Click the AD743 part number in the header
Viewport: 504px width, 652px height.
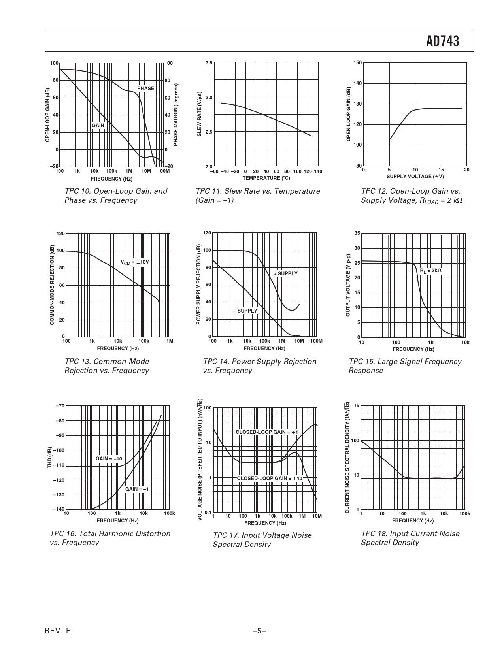(x=442, y=41)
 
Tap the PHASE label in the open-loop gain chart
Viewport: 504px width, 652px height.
(x=145, y=89)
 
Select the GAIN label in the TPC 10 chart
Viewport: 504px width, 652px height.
(x=98, y=126)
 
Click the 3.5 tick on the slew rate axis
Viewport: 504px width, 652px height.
(x=209, y=63)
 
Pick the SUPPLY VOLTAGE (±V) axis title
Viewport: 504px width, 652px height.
(x=415, y=176)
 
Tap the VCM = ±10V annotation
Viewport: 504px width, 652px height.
(x=134, y=262)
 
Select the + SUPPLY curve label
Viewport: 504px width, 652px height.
(x=285, y=273)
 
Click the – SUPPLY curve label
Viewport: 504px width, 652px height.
(x=245, y=311)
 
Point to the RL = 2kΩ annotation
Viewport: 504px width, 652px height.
(x=430, y=271)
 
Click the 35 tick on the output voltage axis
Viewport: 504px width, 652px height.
(x=357, y=233)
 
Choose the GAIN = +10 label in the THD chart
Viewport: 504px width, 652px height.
(x=109, y=458)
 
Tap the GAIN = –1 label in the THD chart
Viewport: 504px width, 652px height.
(x=137, y=489)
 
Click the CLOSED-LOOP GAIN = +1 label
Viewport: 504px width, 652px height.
(x=267, y=432)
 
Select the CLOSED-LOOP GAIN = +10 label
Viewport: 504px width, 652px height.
(x=270, y=479)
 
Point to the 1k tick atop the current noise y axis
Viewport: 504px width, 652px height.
(x=357, y=406)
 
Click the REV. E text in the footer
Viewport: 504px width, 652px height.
(x=58, y=631)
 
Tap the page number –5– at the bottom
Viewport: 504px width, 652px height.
(x=259, y=631)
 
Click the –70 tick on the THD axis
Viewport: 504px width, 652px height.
(x=60, y=406)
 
